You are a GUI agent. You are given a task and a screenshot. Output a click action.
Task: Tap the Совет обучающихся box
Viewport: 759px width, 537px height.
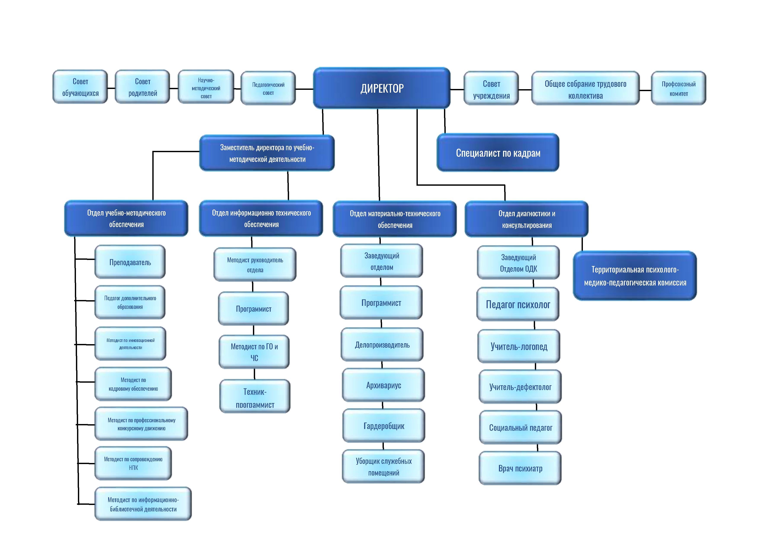pyautogui.click(x=80, y=87)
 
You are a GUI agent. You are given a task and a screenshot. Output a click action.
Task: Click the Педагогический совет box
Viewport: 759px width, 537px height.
pyautogui.click(x=268, y=89)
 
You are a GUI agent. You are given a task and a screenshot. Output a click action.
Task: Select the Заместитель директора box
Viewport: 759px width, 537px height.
pyautogui.click(x=267, y=153)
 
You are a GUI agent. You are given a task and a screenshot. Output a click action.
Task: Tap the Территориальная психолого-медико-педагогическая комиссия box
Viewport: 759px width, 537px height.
pyautogui.click(x=635, y=276)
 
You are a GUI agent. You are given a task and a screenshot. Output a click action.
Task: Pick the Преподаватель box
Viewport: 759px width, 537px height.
pyautogui.click(x=130, y=262)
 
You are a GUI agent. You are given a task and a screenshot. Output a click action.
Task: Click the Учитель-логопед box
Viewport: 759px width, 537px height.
pyautogui.click(x=519, y=346)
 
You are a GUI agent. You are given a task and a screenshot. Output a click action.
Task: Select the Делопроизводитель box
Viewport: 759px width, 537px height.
pyautogui.click(x=382, y=345)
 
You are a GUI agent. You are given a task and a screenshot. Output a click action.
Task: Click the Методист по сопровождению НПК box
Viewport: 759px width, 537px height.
pyautogui.click(x=133, y=463)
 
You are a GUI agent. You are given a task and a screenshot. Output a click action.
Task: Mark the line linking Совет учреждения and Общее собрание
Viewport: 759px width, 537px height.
pyautogui.click(x=525, y=90)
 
